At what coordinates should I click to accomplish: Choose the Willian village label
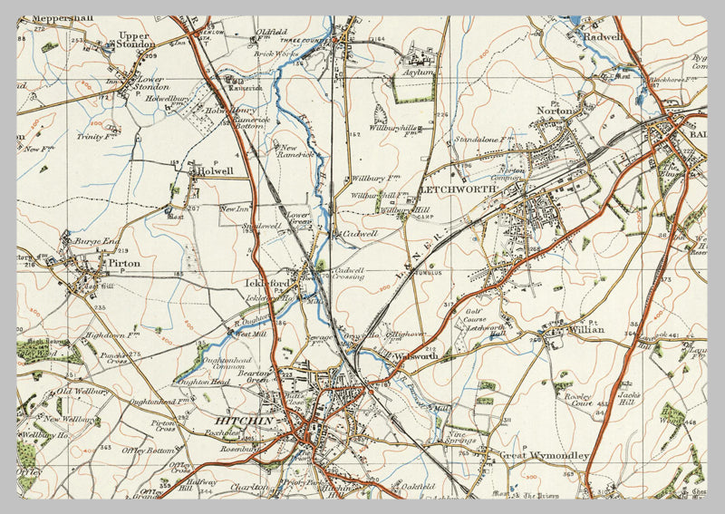point(585,332)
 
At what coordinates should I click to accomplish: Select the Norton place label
point(556,111)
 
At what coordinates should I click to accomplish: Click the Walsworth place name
point(415,357)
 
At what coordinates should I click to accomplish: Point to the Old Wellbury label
point(83,392)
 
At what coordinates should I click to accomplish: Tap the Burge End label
point(98,242)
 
